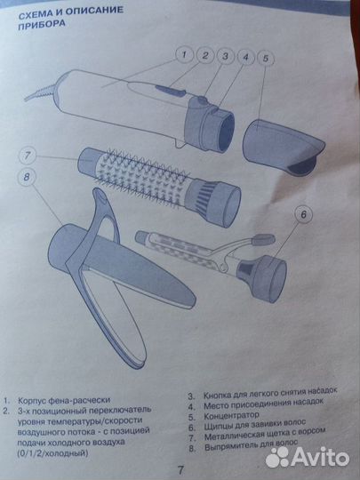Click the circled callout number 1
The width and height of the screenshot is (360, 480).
coord(185,55)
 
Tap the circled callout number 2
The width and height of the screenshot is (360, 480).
coord(204,55)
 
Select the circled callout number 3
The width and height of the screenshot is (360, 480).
coord(225,56)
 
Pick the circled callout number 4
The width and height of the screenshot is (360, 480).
coord(245,57)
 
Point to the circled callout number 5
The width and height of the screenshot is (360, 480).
coord(266,58)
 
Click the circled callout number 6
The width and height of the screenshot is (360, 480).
coord(303,214)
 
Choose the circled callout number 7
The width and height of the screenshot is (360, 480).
coord(28,156)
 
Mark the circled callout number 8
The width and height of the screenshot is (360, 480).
coord(27,177)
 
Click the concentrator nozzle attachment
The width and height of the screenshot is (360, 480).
coord(284,147)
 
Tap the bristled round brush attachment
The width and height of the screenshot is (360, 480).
coord(159,185)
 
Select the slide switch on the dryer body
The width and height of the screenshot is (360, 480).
coord(170,91)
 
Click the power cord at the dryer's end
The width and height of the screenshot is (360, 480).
coord(41,92)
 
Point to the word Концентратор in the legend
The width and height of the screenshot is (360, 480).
coord(231,416)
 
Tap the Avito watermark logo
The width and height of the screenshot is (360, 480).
coord(308,458)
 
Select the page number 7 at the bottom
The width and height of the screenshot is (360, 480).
coord(180,469)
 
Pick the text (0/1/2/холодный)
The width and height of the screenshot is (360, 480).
coord(52,452)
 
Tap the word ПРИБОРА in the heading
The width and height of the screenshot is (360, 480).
coord(42,25)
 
